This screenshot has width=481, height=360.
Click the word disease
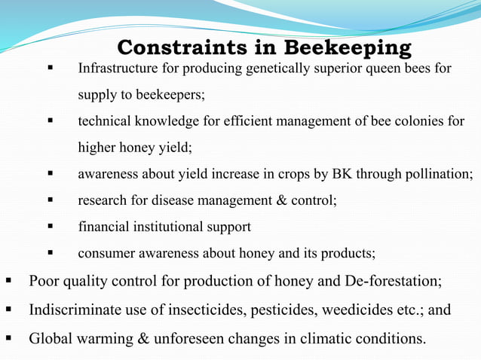[174, 200]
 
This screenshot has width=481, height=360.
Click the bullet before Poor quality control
[9, 282]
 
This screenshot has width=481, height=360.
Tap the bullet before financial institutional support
[51, 226]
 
